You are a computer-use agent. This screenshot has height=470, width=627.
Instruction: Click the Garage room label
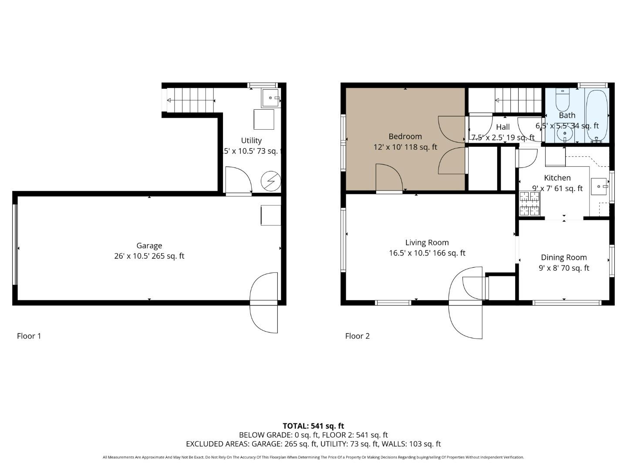tap(149, 245)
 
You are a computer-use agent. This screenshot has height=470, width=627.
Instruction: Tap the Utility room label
tap(251, 141)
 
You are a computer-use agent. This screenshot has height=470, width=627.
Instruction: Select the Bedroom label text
tap(405, 136)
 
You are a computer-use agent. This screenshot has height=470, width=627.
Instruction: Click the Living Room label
tap(427, 242)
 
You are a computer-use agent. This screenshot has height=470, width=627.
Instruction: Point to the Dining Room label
tap(564, 257)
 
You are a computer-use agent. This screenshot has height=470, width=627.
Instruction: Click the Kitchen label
tap(557, 178)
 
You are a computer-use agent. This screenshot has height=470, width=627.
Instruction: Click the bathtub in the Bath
tap(597, 115)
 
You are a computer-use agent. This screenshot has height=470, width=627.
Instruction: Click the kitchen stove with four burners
tap(530, 204)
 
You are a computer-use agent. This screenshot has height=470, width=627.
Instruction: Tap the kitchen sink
tap(599, 186)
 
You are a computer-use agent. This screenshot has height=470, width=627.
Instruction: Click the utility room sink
tap(270, 98)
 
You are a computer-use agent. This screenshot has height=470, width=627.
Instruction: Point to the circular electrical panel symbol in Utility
tap(270, 181)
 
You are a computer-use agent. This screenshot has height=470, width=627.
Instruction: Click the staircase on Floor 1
tap(191, 100)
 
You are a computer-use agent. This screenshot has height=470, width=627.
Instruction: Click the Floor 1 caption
tap(29, 336)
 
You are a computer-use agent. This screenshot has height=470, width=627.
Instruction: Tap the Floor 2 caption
tap(357, 336)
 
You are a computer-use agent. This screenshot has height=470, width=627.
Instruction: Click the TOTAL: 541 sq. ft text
tap(313, 426)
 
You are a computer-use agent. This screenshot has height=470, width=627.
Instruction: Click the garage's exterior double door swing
tap(264, 302)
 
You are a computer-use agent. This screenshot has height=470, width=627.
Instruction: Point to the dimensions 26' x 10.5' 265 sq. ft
tap(149, 256)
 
